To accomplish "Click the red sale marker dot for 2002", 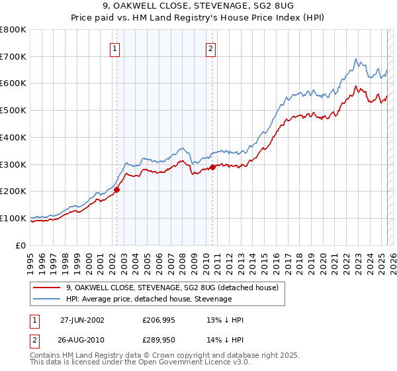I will pyautogui.click(x=117, y=189).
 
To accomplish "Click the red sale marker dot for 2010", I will pyautogui.click(x=212, y=167).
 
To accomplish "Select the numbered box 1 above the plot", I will pyautogui.click(x=115, y=48).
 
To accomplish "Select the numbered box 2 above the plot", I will pyautogui.click(x=210, y=48).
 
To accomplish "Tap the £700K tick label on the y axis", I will pyautogui.click(x=13, y=56).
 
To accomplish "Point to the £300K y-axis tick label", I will pyautogui.click(x=13, y=164).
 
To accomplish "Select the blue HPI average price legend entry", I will pyautogui.click(x=149, y=299).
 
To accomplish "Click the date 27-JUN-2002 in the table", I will pyautogui.click(x=82, y=320).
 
